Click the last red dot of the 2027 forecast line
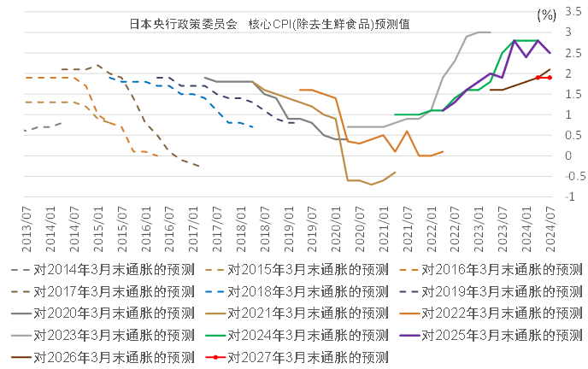pyautogui.click(x=550, y=78)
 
